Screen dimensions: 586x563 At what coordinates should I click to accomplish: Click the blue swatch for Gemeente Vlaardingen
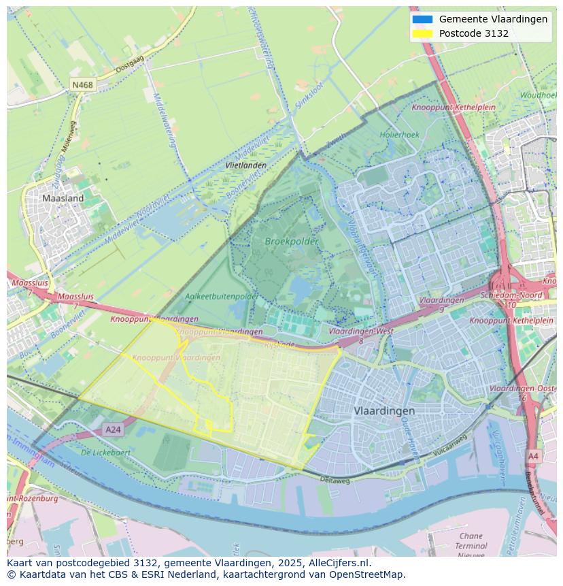coord(422,19)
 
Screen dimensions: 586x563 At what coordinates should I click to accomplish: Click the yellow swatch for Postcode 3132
coord(422,33)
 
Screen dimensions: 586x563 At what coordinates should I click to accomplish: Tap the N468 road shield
coord(82,85)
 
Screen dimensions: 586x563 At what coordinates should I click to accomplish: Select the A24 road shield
coord(113,429)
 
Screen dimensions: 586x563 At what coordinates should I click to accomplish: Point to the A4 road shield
coord(533,456)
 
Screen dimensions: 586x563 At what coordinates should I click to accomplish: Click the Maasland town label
coord(63,199)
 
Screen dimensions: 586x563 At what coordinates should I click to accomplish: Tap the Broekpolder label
coord(292,242)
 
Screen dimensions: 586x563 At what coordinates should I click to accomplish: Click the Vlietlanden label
coord(245,165)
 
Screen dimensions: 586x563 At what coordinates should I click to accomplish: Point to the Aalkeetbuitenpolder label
coord(222,297)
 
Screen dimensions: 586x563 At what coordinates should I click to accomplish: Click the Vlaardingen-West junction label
coord(352,331)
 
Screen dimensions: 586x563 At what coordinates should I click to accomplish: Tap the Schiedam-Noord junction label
coord(511,295)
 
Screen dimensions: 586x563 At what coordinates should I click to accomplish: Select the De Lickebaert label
coord(105,452)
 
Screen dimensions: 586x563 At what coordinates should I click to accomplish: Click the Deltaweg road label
coord(335,480)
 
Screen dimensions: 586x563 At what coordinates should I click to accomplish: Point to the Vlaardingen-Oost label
coord(522,388)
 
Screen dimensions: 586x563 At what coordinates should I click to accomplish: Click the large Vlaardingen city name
coord(384,411)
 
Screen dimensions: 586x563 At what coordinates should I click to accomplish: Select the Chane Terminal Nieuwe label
coord(471,545)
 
